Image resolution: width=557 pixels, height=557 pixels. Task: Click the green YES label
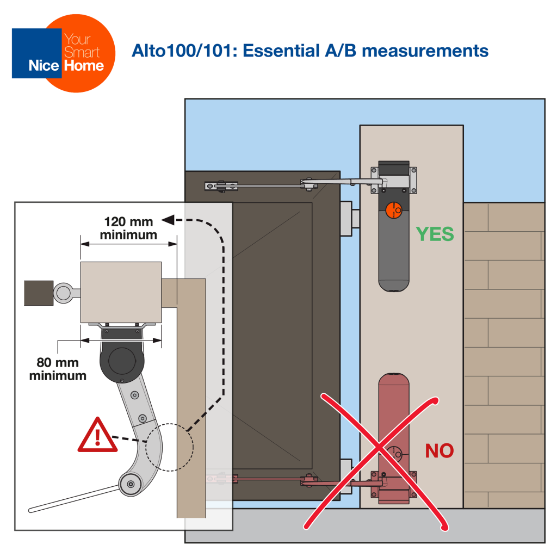pyautogui.click(x=435, y=234)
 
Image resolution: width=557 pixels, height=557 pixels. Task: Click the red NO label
pyautogui.click(x=439, y=450)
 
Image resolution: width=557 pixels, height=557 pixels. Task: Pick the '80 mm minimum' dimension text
pyautogui.click(x=58, y=369)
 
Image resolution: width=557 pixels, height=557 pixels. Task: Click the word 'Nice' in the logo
pyautogui.click(x=44, y=66)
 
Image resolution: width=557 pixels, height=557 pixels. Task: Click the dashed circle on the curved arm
pyautogui.click(x=169, y=447)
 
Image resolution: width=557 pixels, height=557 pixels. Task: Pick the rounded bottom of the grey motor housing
pyautogui.click(x=393, y=286)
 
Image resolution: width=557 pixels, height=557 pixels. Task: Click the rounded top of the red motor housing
pyautogui.click(x=393, y=379)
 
